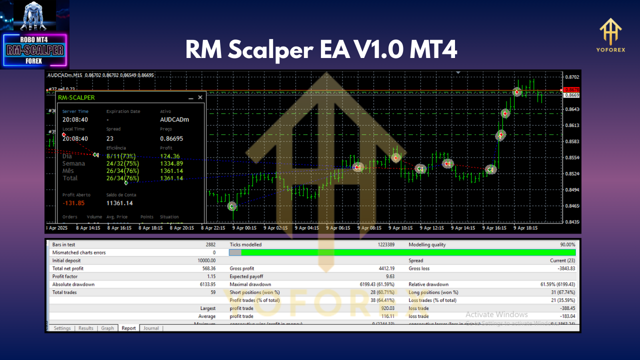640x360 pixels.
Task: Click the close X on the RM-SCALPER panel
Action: click(200, 97)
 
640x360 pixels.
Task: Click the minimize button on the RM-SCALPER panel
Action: click(191, 98)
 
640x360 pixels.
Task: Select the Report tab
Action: click(128, 328)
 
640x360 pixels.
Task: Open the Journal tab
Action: click(151, 328)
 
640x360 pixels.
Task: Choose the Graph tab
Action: click(107, 328)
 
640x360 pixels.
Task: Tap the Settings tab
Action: click(62, 328)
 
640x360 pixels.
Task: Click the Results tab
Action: click(85, 328)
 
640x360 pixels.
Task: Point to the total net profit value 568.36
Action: click(206, 268)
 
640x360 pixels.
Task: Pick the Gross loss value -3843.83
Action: click(561, 268)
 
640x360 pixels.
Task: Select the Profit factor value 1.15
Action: click(211, 276)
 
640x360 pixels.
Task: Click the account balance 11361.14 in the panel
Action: click(119, 203)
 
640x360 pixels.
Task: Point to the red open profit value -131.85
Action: click(73, 203)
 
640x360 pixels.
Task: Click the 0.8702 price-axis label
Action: click(571, 77)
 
